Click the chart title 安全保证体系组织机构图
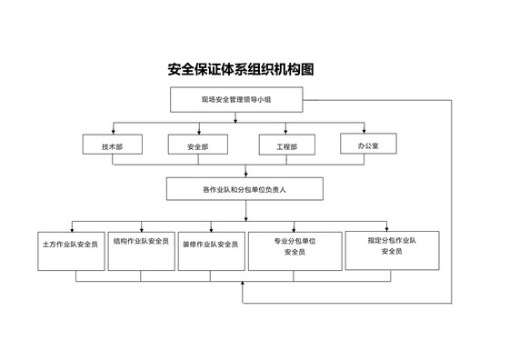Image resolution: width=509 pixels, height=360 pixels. [x=246, y=69]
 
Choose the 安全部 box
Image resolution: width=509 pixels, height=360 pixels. [x=197, y=145]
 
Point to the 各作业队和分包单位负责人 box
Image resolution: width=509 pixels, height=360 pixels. [x=246, y=189]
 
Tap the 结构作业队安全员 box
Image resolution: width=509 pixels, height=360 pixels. [x=141, y=248]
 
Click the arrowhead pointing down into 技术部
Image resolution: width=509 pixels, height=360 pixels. [x=111, y=131]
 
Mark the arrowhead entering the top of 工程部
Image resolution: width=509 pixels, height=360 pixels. [x=285, y=131]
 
